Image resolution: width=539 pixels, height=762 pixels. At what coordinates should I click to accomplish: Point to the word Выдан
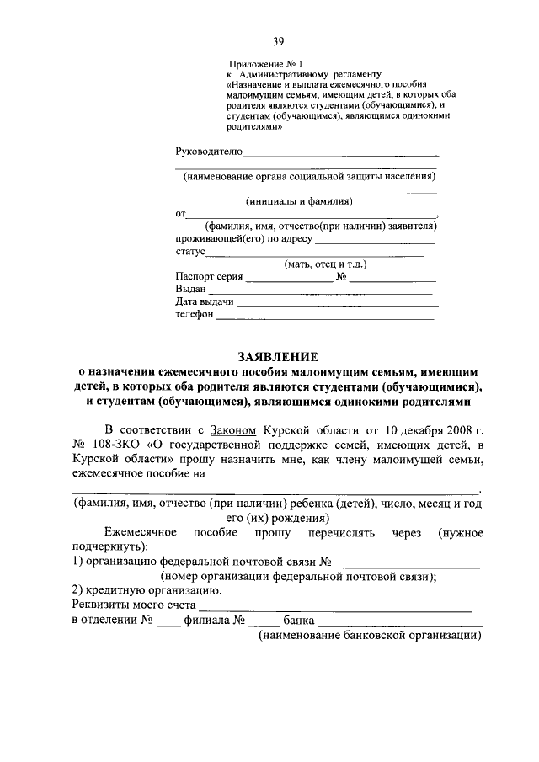190,289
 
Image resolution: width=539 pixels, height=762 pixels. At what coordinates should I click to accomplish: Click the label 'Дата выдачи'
205,301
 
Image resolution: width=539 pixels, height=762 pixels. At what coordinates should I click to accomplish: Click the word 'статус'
190,252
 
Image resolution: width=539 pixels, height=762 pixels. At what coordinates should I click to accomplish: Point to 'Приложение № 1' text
264,64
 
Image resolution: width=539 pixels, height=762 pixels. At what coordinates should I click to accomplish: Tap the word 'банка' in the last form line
299,621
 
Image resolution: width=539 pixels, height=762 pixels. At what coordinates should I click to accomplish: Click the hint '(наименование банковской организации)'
369,637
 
